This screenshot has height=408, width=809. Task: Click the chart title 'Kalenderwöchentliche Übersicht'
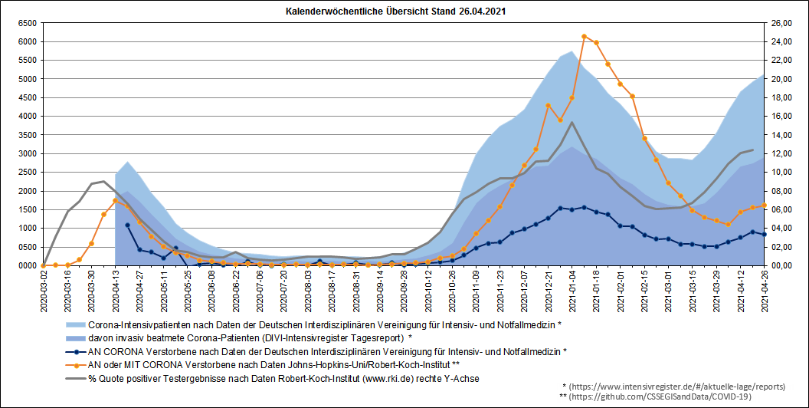(395, 13)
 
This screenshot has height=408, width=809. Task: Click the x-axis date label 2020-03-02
(44, 288)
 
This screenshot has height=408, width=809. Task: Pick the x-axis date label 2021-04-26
(764, 288)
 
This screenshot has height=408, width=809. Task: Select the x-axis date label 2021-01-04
(572, 288)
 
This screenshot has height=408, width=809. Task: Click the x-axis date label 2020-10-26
(452, 288)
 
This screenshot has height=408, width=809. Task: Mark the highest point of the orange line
(584, 36)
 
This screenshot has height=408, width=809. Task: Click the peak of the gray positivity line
(572, 122)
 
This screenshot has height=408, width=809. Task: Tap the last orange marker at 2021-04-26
(764, 206)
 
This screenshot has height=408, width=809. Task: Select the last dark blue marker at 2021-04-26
(764, 235)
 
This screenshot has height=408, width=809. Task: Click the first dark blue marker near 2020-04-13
(127, 225)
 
